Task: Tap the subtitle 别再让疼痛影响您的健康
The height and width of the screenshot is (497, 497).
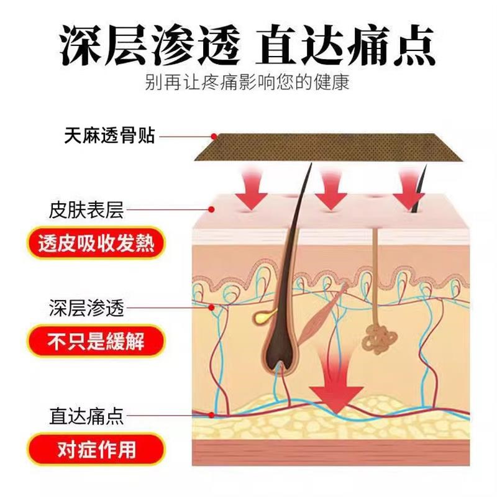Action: (x=247, y=83)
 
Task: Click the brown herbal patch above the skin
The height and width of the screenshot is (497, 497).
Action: (x=329, y=149)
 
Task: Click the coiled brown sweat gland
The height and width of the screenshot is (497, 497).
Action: (x=377, y=336)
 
